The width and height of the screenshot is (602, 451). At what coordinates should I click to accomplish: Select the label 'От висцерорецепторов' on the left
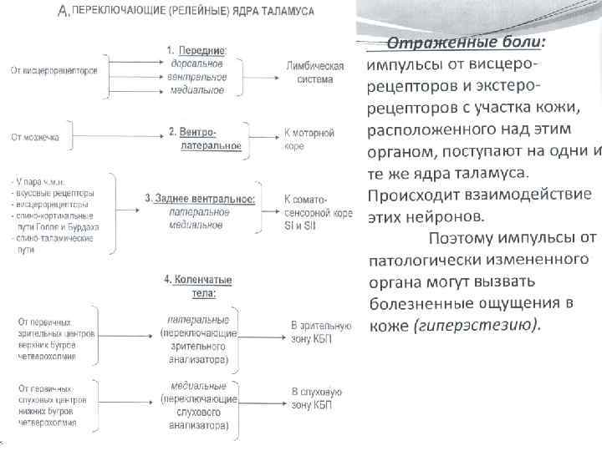coord(54,70)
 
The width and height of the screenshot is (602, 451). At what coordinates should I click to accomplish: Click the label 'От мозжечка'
coord(34,137)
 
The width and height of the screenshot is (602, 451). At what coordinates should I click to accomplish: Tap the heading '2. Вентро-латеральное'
coord(204,139)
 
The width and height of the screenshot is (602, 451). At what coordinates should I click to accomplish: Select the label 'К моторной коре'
coord(309,139)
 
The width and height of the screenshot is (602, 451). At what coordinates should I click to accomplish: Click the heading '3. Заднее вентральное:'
coord(200,198)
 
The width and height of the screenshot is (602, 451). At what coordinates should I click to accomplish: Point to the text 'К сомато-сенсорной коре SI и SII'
coord(318,212)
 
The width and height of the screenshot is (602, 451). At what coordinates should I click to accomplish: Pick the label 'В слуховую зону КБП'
coord(317,398)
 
